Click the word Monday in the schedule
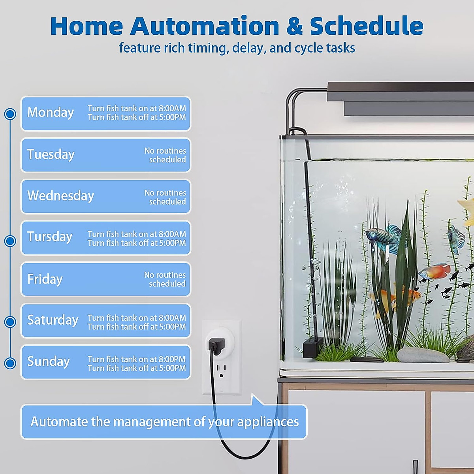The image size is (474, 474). (x=51, y=113)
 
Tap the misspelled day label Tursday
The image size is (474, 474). (x=50, y=237)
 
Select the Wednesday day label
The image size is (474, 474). (x=60, y=196)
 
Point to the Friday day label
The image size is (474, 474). (x=45, y=279)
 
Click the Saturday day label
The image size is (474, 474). (x=53, y=320)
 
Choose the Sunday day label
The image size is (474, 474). (x=49, y=361)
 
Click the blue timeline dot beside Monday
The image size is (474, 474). (x=10, y=114)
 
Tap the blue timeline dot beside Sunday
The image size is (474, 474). (x=10, y=363)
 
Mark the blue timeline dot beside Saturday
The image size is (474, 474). (x=10, y=322)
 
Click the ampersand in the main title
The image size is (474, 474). (x=294, y=26)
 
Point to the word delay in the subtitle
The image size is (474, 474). (x=249, y=48)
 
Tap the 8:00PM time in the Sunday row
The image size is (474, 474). (x=172, y=359)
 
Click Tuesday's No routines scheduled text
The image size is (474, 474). (x=165, y=155)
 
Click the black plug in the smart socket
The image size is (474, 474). (x=216, y=346)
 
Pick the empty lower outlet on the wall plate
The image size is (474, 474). (x=221, y=371)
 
